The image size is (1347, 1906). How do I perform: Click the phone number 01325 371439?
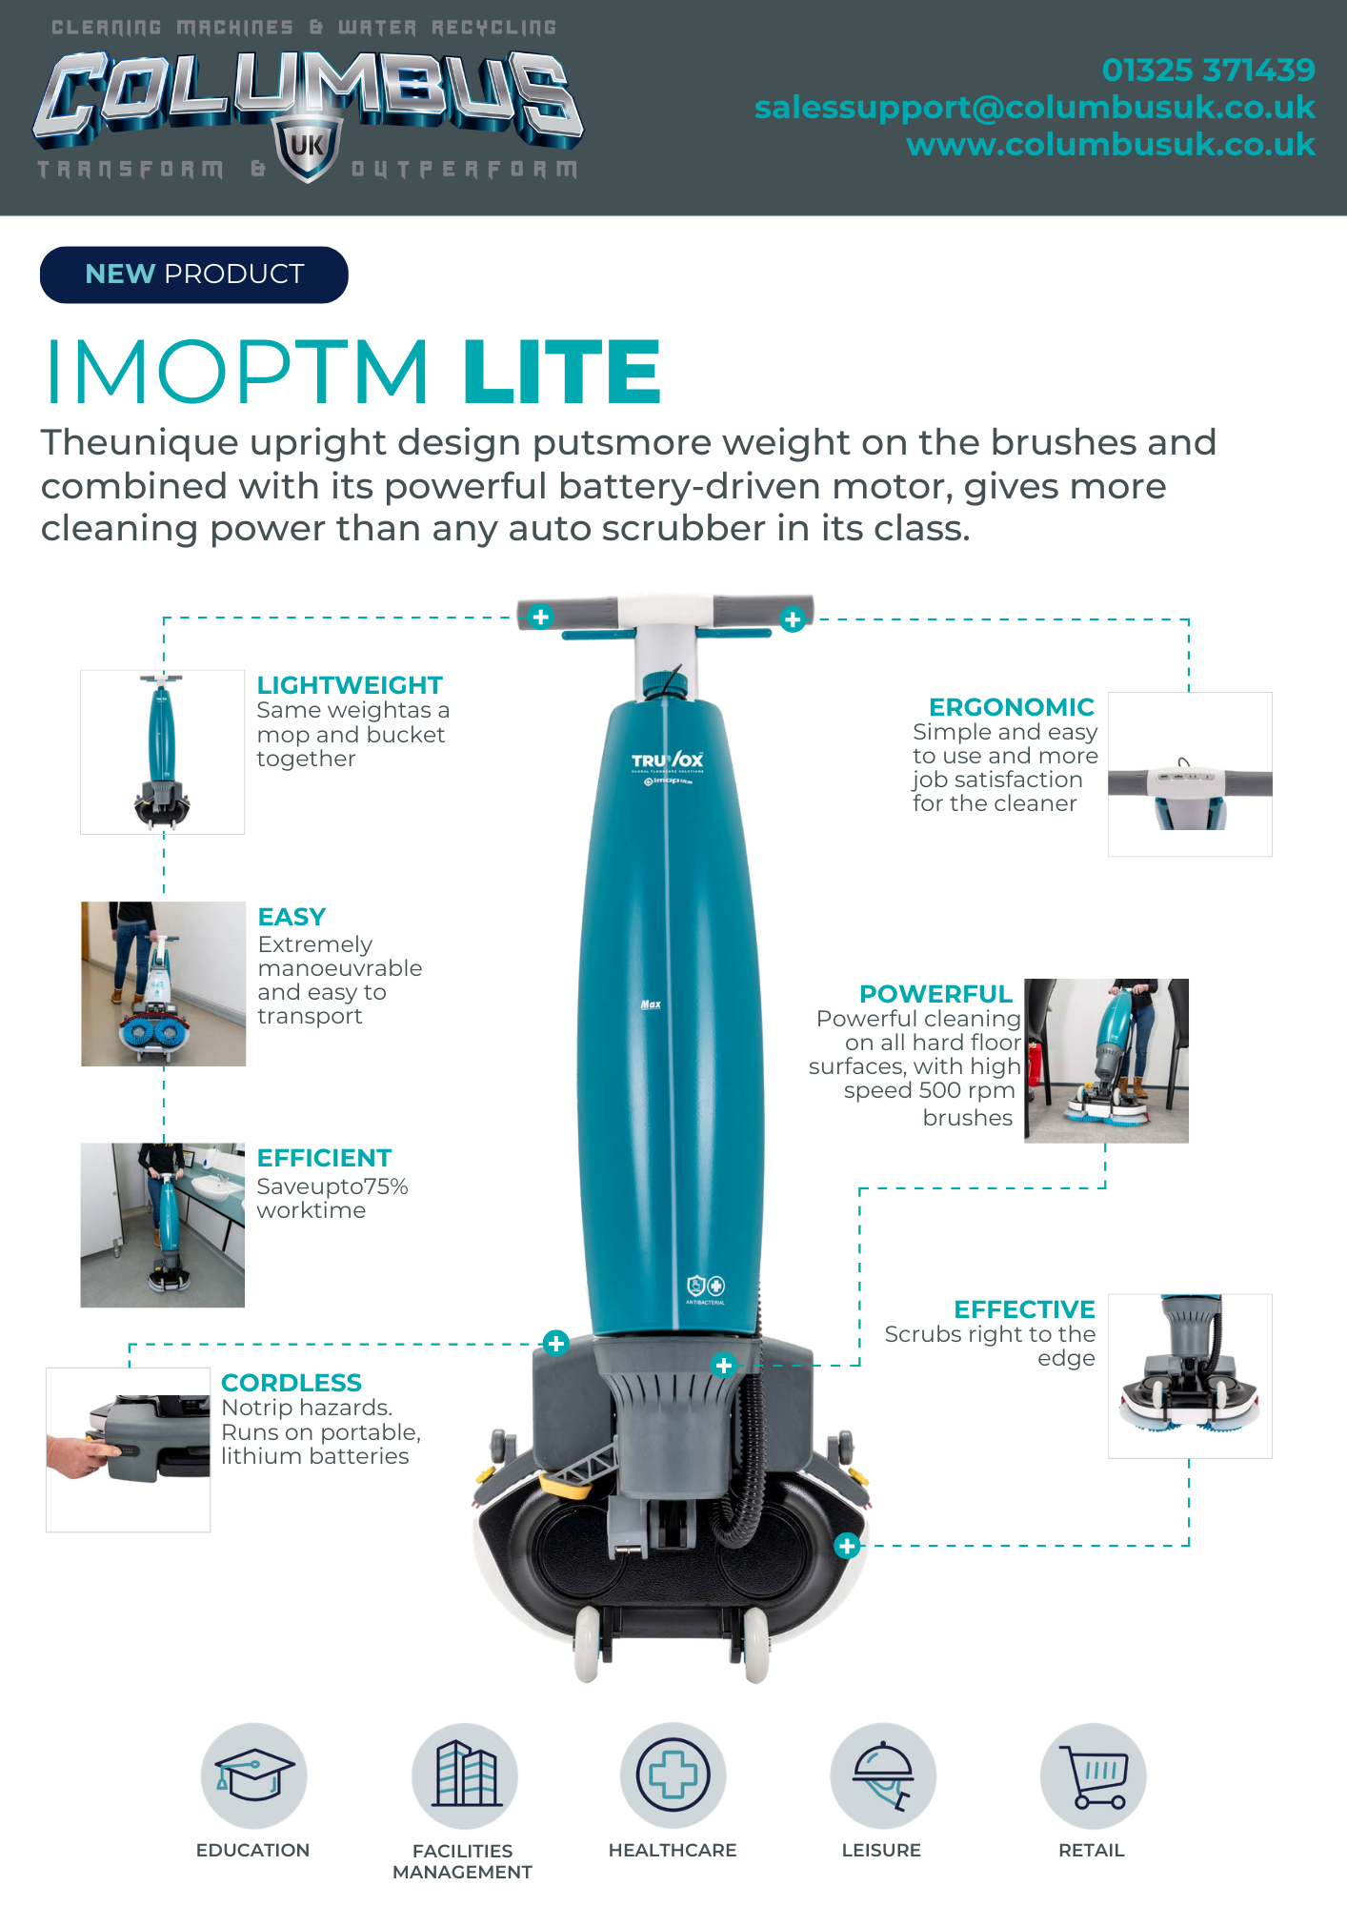click(x=1208, y=70)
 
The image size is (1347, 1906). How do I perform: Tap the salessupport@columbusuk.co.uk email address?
click(x=1035, y=108)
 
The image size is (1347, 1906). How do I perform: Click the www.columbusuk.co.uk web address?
click(x=1111, y=145)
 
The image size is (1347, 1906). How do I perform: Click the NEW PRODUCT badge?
click(x=194, y=274)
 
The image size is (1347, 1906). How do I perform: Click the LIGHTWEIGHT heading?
click(x=350, y=685)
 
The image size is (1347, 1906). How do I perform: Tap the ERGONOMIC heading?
click(x=1012, y=707)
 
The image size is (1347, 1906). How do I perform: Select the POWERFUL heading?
click(x=935, y=994)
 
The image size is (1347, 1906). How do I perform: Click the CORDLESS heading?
click(x=292, y=1383)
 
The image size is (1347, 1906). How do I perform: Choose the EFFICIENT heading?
click(x=324, y=1158)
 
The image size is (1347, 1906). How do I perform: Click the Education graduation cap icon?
click(x=254, y=1775)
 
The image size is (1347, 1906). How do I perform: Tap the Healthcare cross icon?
click(x=673, y=1775)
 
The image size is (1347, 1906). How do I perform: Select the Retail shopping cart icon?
click(x=1093, y=1775)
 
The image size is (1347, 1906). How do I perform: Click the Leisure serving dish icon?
click(x=883, y=1775)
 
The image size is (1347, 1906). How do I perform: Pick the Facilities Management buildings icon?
click(x=465, y=1775)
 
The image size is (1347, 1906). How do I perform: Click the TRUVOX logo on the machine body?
click(x=668, y=760)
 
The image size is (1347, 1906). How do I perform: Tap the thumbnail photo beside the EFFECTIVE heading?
click(x=1190, y=1376)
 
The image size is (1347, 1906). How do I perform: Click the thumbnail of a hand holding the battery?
click(x=128, y=1450)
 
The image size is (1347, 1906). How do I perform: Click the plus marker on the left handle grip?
click(x=540, y=617)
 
